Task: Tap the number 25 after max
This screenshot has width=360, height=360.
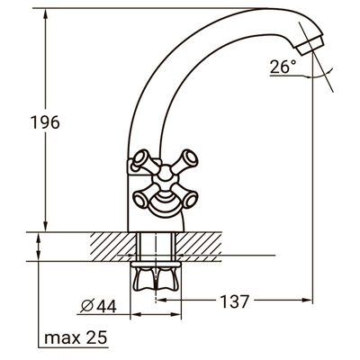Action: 94,338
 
